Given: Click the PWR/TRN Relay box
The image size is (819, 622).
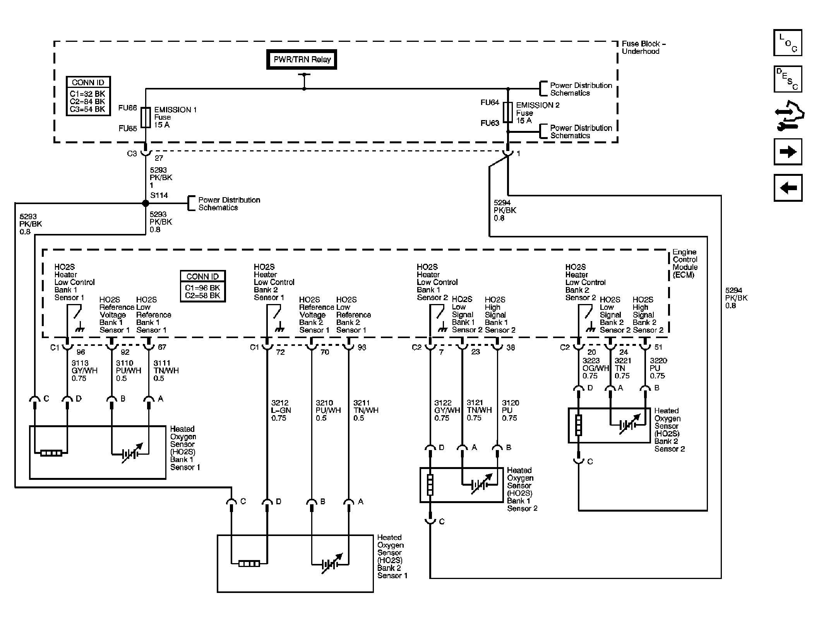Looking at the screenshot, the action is tap(302, 59).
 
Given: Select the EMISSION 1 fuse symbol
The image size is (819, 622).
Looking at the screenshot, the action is tap(146, 117).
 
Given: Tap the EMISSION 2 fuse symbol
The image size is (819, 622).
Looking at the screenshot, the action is tap(508, 112).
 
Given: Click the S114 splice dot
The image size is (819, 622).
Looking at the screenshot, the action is tap(146, 203).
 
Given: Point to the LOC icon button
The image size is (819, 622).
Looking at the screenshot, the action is tap(788, 43).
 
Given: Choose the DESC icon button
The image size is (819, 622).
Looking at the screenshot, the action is tap(788, 79).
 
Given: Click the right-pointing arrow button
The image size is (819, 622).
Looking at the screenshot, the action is tap(788, 151).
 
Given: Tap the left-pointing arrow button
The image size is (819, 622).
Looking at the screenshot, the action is tap(788, 188).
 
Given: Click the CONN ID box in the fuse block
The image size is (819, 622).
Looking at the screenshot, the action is tap(88, 96).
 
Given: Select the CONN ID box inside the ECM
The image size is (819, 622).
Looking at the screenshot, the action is tap(203, 286).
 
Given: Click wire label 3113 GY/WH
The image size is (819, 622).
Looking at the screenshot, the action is tap(84, 371).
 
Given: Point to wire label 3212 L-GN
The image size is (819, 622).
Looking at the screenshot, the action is tap(281, 410).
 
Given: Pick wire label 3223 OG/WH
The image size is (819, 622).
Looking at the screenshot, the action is tap(596, 368).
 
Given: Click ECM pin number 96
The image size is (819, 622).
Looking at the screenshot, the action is tap(81, 352).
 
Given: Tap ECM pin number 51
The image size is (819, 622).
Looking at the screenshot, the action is tap(658, 347).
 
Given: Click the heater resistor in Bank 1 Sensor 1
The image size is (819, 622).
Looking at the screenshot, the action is tap(51, 453).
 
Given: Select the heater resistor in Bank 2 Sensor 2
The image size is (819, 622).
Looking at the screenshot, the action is tap(579, 425).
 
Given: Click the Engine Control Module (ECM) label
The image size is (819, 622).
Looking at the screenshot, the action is tap(685, 263).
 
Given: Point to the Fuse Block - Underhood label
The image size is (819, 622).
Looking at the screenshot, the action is tap(644, 47).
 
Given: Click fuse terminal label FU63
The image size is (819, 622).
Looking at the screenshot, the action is tap(490, 123).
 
